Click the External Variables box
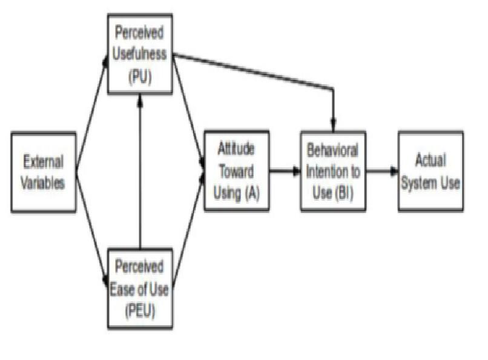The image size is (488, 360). pos(44,172)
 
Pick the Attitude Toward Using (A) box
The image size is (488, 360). pos(236,170)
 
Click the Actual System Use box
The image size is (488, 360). pos(430,171)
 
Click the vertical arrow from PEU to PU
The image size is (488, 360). pos(140,176)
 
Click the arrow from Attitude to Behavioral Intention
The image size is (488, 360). pos(285,172)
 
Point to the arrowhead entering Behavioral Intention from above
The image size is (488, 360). pos(334,121)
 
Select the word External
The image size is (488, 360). pos(44,162)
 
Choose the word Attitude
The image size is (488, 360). pos(237,149)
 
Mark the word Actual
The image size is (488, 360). pos(430,161)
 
